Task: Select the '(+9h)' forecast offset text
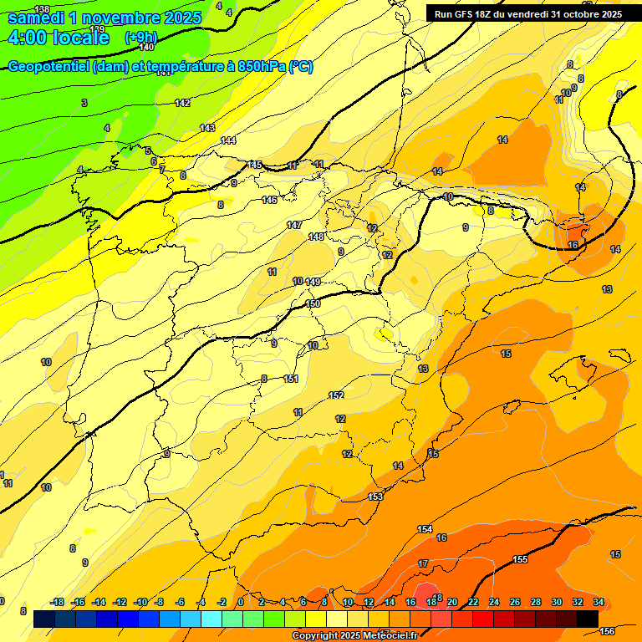click(140, 38)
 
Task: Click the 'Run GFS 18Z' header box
click(527, 14)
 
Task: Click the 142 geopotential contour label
click(182, 103)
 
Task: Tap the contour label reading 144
click(228, 140)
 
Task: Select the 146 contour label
click(269, 200)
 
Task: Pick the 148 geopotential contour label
click(316, 237)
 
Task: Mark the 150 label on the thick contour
click(313, 303)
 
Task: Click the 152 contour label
click(336, 395)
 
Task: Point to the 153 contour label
click(375, 497)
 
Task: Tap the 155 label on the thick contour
click(520, 559)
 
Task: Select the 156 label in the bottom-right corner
click(608, 631)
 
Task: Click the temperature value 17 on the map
click(423, 563)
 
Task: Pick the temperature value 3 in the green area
click(84, 103)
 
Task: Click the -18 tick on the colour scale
click(58, 602)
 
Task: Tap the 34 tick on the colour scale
click(599, 602)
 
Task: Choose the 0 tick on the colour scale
click(241, 602)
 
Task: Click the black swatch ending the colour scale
click(587, 619)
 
